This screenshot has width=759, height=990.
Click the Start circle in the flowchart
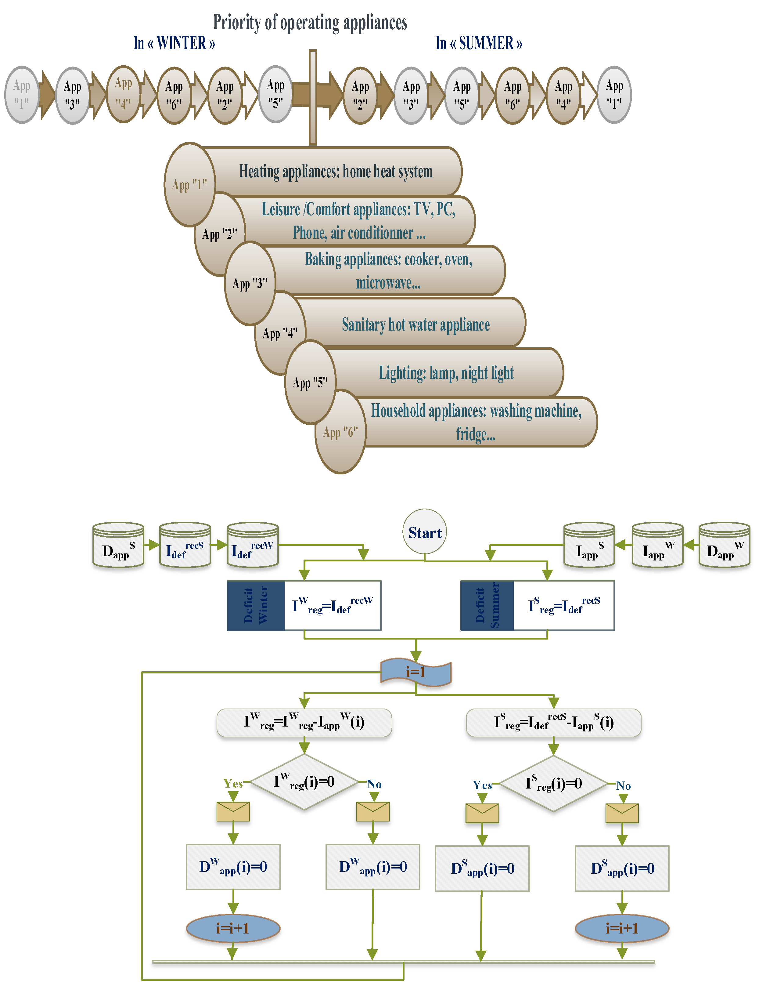pyautogui.click(x=425, y=532)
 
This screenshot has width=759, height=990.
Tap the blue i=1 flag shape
pyautogui.click(x=415, y=672)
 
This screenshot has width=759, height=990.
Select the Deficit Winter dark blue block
pyautogui.click(x=256, y=605)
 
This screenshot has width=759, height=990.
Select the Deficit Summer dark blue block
pyautogui.click(x=487, y=605)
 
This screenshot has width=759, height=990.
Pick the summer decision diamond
pyautogui.click(x=554, y=783)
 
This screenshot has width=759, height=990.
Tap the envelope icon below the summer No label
pyautogui.click(x=622, y=813)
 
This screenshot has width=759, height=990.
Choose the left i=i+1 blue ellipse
pyautogui.click(x=233, y=929)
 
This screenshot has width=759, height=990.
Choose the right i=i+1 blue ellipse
pyautogui.click(x=622, y=929)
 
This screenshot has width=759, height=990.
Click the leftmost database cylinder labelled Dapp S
pyautogui.click(x=118, y=545)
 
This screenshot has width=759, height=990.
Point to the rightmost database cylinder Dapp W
pyautogui.click(x=724, y=545)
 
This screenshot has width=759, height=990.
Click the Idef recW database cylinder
pyautogui.click(x=253, y=545)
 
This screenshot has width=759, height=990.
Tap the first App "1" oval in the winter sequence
pyautogui.click(x=22, y=94)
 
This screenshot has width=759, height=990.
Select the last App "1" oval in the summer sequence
pyautogui.click(x=614, y=94)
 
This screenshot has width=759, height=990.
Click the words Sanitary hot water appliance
pyautogui.click(x=415, y=325)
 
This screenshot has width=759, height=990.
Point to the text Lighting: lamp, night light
pyautogui.click(x=446, y=373)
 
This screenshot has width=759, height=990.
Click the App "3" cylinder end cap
pyautogui.click(x=250, y=283)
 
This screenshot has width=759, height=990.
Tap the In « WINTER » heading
pyautogui.click(x=174, y=43)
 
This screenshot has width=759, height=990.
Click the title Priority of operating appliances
pyautogui.click(x=310, y=23)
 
